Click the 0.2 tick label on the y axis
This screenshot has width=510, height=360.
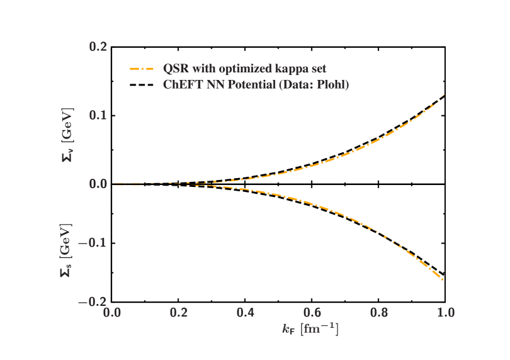coord(99,47)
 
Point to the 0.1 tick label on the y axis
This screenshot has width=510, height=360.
coord(99,115)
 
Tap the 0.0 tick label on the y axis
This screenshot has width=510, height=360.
coord(99,184)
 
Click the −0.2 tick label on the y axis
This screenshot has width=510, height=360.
coord(93,302)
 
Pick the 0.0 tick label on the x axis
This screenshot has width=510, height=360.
coord(112,312)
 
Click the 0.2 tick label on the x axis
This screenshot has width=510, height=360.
coord(179,312)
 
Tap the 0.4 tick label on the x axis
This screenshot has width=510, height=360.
coord(246,312)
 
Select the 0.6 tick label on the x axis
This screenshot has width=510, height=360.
coord(312,312)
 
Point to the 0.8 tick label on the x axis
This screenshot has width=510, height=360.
coord(379,312)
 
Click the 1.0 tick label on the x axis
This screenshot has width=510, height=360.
coord(445,312)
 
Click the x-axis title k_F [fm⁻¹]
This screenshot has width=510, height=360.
coord(310,329)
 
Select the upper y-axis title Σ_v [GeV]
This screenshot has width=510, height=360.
coord(67,134)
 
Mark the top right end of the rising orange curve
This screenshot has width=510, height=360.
coord(445,95)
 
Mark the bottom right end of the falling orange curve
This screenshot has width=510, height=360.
coord(443,279)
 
